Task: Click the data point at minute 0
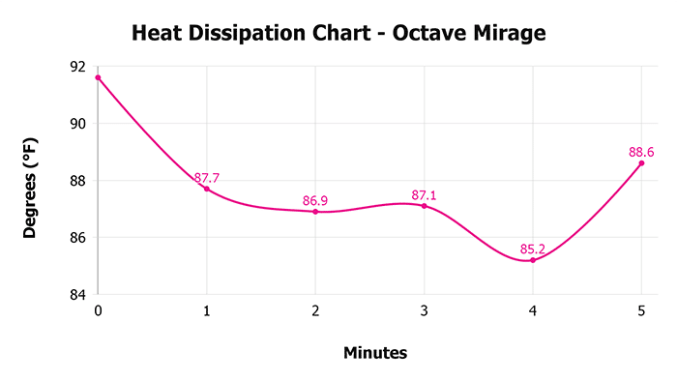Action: (x=98, y=77)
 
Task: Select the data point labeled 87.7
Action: (x=207, y=189)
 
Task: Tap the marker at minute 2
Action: (x=315, y=211)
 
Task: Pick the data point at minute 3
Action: (x=424, y=205)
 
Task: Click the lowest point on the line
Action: (x=533, y=260)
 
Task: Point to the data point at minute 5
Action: (x=641, y=163)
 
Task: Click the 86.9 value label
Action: (x=315, y=201)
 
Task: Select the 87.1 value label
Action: (x=424, y=195)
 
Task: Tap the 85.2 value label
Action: (x=533, y=249)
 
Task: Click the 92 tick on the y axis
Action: (x=76, y=67)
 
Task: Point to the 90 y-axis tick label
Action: (x=76, y=124)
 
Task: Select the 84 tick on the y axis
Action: (x=76, y=294)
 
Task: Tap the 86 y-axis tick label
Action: (x=76, y=237)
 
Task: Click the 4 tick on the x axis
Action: (x=533, y=311)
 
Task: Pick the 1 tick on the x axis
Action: (x=207, y=311)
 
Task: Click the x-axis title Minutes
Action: (x=375, y=353)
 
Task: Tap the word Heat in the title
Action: (x=158, y=35)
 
